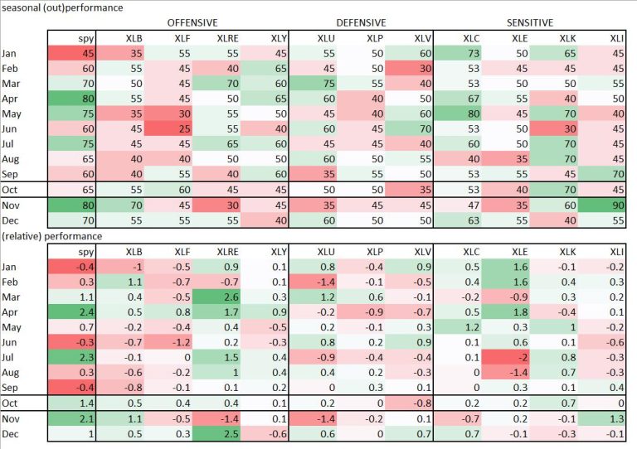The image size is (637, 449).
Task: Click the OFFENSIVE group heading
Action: [x=192, y=22]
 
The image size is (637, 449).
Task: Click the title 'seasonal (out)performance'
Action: [x=62, y=7]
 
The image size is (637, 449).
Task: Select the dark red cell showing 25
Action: [x=242, y=128]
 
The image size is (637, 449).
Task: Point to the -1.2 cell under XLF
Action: [x=193, y=341]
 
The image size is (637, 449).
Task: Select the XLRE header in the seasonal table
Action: [x=242, y=37]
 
